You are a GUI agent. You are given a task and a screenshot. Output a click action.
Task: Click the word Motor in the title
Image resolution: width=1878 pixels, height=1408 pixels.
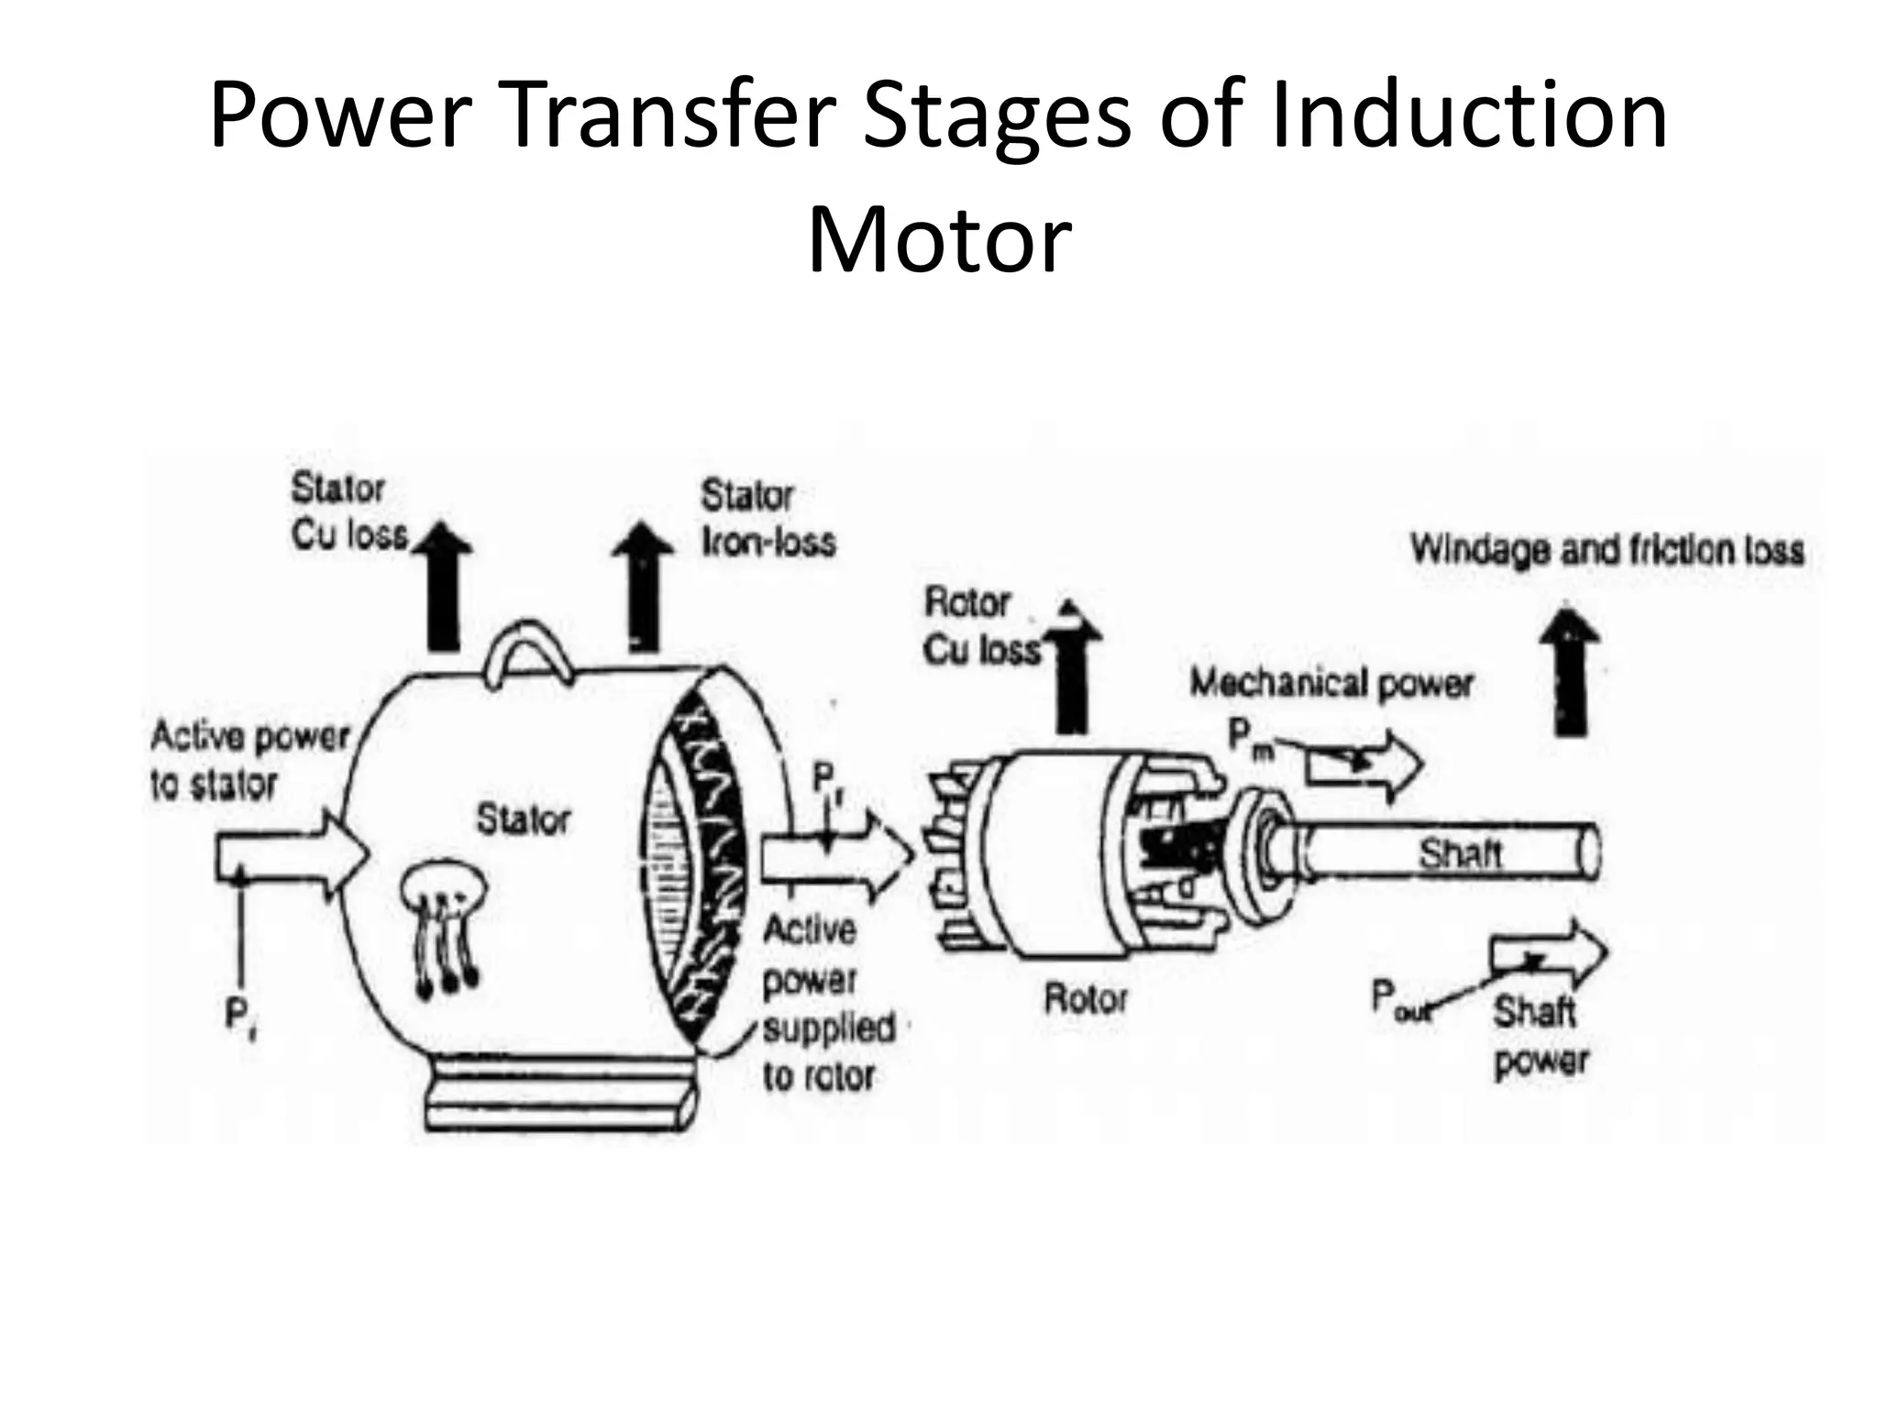click(939, 240)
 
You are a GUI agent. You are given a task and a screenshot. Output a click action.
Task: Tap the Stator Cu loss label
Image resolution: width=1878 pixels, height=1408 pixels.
click(349, 511)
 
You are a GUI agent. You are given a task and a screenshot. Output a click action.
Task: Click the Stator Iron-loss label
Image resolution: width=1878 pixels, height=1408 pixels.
click(768, 519)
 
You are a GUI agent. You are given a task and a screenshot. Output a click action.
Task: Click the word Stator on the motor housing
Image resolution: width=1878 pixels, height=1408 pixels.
click(523, 819)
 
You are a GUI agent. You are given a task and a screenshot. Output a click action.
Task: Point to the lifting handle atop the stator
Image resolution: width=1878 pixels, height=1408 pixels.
click(527, 653)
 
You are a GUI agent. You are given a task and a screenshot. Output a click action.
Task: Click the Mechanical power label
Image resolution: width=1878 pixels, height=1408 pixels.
click(1331, 683)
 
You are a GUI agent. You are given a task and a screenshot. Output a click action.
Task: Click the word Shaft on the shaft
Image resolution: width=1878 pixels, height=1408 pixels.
click(1460, 853)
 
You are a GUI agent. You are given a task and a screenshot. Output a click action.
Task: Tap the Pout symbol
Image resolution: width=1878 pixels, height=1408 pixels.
click(1399, 998)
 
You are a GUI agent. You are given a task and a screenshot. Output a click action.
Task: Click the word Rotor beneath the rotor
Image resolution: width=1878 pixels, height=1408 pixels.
click(1085, 997)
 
